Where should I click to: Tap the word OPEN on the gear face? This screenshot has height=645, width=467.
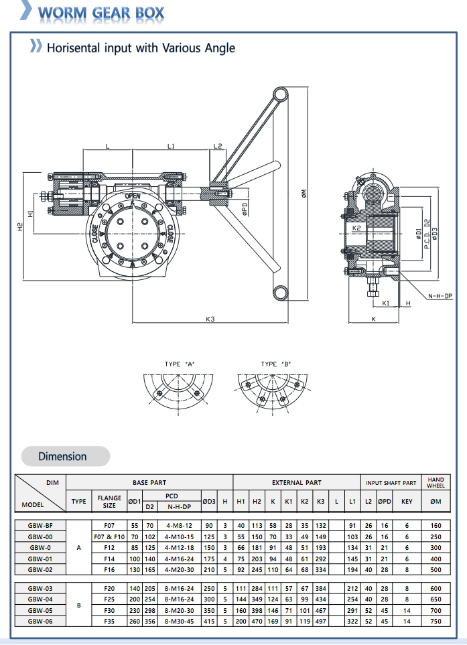coord(133,196)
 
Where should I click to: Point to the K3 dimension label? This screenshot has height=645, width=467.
coord(210,319)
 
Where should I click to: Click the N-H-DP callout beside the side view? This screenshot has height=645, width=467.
coord(440,295)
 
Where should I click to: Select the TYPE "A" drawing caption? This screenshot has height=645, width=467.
coord(179,364)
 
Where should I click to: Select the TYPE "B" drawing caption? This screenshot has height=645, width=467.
coord(276,364)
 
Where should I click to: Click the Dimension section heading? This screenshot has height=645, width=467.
coord(62,456)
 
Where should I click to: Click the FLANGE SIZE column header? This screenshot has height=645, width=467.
coord(109,501)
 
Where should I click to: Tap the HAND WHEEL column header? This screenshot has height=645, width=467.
coord(436,482)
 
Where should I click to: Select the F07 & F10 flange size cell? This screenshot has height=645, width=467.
coord(109,536)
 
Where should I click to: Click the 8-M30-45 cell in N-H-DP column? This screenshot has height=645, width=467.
coord(178,621)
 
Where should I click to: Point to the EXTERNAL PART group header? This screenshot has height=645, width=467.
coord(296,482)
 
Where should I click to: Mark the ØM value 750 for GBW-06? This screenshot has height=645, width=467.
coord(436,621)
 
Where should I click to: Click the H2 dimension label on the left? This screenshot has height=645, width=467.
coord(20,227)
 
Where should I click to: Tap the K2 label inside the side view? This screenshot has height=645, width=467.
coord(357,228)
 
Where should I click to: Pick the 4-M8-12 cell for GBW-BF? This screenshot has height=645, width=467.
coord(178,526)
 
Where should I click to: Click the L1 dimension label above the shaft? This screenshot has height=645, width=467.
coord(171,145)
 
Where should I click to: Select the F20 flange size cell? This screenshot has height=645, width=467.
coord(109,587)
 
